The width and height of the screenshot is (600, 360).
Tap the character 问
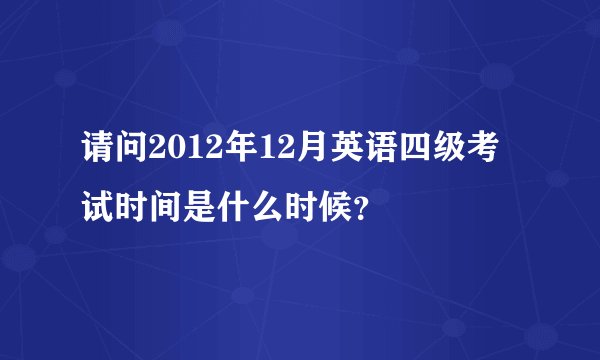point(133,155)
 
